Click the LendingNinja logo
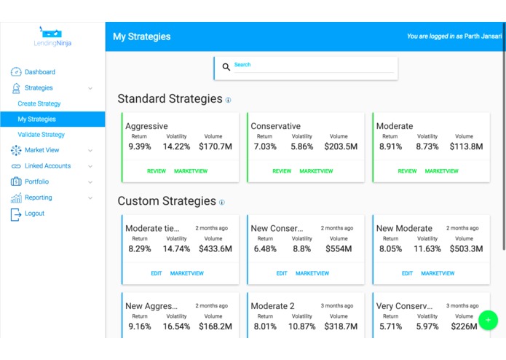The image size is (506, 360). [x=52, y=37]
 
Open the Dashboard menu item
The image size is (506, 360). [x=39, y=72]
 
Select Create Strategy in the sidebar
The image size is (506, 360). [x=39, y=103]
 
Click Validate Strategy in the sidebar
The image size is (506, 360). [x=41, y=135]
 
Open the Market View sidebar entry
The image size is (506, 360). [x=41, y=150]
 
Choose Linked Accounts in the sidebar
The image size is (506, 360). [x=47, y=166]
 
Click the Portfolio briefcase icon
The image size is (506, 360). [x=16, y=181]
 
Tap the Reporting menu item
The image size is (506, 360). [x=38, y=197]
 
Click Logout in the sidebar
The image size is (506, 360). [x=34, y=214]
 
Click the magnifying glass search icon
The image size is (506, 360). [x=226, y=67]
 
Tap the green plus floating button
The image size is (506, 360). [x=489, y=320]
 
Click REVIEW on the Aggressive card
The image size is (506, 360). [x=157, y=171]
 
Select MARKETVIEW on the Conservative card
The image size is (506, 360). [x=316, y=171]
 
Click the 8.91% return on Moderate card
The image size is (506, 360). [x=390, y=146]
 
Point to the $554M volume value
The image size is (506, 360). [x=339, y=249]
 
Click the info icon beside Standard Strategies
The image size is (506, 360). [x=228, y=100]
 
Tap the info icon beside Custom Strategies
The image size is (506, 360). [x=222, y=203]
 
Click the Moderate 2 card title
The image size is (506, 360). [x=273, y=306]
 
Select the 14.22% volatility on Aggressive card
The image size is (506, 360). [x=177, y=146]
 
